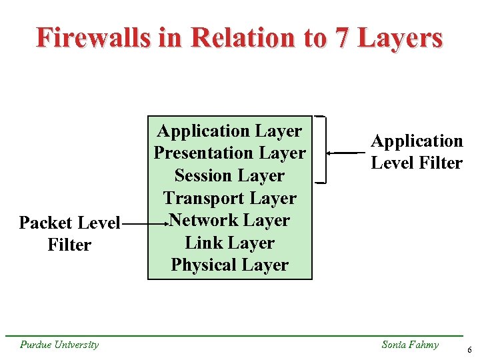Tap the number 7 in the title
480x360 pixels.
[x=341, y=37]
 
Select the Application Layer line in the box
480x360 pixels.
[x=230, y=131]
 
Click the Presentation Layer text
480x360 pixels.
[x=230, y=153]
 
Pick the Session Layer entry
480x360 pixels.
[x=230, y=176]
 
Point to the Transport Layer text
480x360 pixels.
[x=230, y=198]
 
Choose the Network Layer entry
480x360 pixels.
[x=230, y=220]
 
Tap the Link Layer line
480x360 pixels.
[x=230, y=243]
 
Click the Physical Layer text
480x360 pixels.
[x=230, y=265]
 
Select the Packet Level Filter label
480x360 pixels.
[x=69, y=233]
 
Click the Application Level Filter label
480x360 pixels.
[x=417, y=152]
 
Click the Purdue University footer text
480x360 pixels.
[x=59, y=345]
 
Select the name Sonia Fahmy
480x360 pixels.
[x=410, y=345]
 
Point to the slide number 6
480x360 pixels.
[x=469, y=350]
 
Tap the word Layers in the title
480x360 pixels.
[x=400, y=37]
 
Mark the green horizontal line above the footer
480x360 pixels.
[x=240, y=335]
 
